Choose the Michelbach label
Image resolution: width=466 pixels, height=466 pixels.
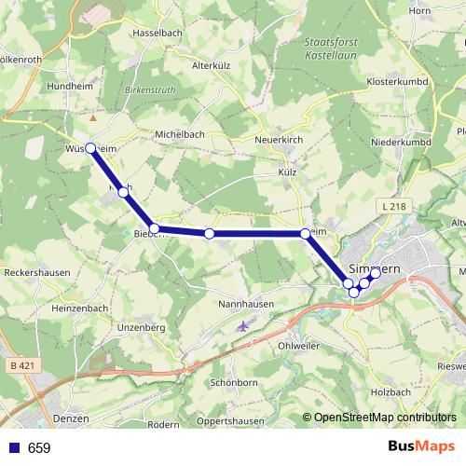(180, 134)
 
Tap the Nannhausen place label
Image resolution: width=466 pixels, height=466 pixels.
(245, 304)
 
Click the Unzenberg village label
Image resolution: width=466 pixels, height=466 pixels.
(142, 328)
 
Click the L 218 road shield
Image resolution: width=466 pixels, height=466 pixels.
(393, 205)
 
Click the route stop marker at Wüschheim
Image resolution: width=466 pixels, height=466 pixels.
(90, 148)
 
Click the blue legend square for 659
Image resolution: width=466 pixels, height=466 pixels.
(15, 447)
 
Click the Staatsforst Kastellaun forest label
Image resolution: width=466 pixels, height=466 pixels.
(332, 49)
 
